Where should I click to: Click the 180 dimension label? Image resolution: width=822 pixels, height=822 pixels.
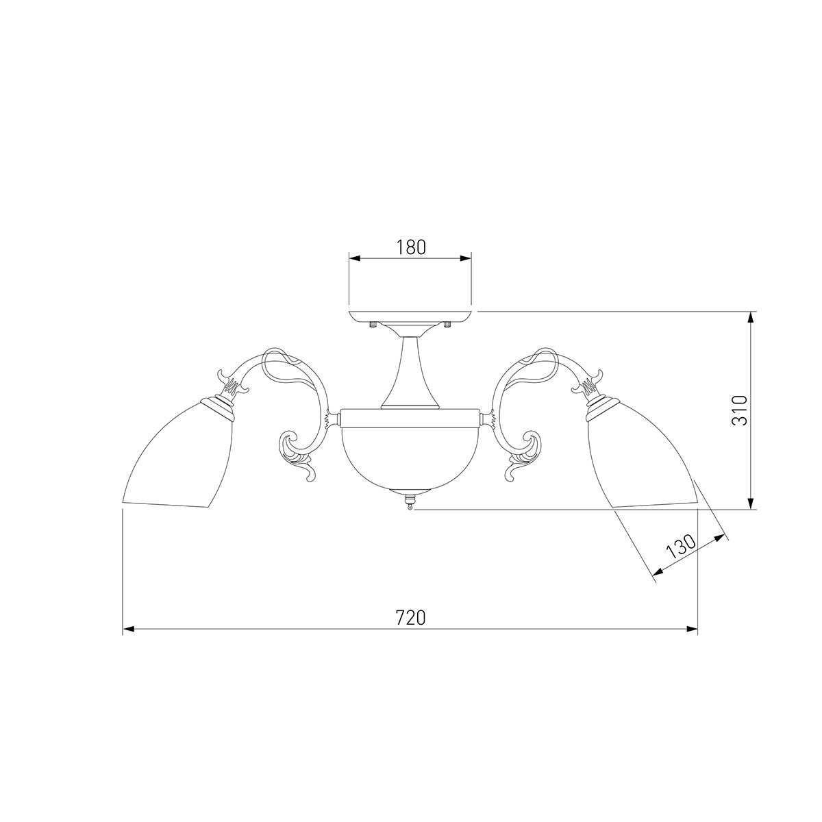pos(411,247)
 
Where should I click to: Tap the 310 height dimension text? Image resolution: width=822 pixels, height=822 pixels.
pos(740,410)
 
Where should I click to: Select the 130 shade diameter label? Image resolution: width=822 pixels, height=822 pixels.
pos(681,547)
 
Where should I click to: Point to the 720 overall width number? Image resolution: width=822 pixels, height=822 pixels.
pos(411,617)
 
